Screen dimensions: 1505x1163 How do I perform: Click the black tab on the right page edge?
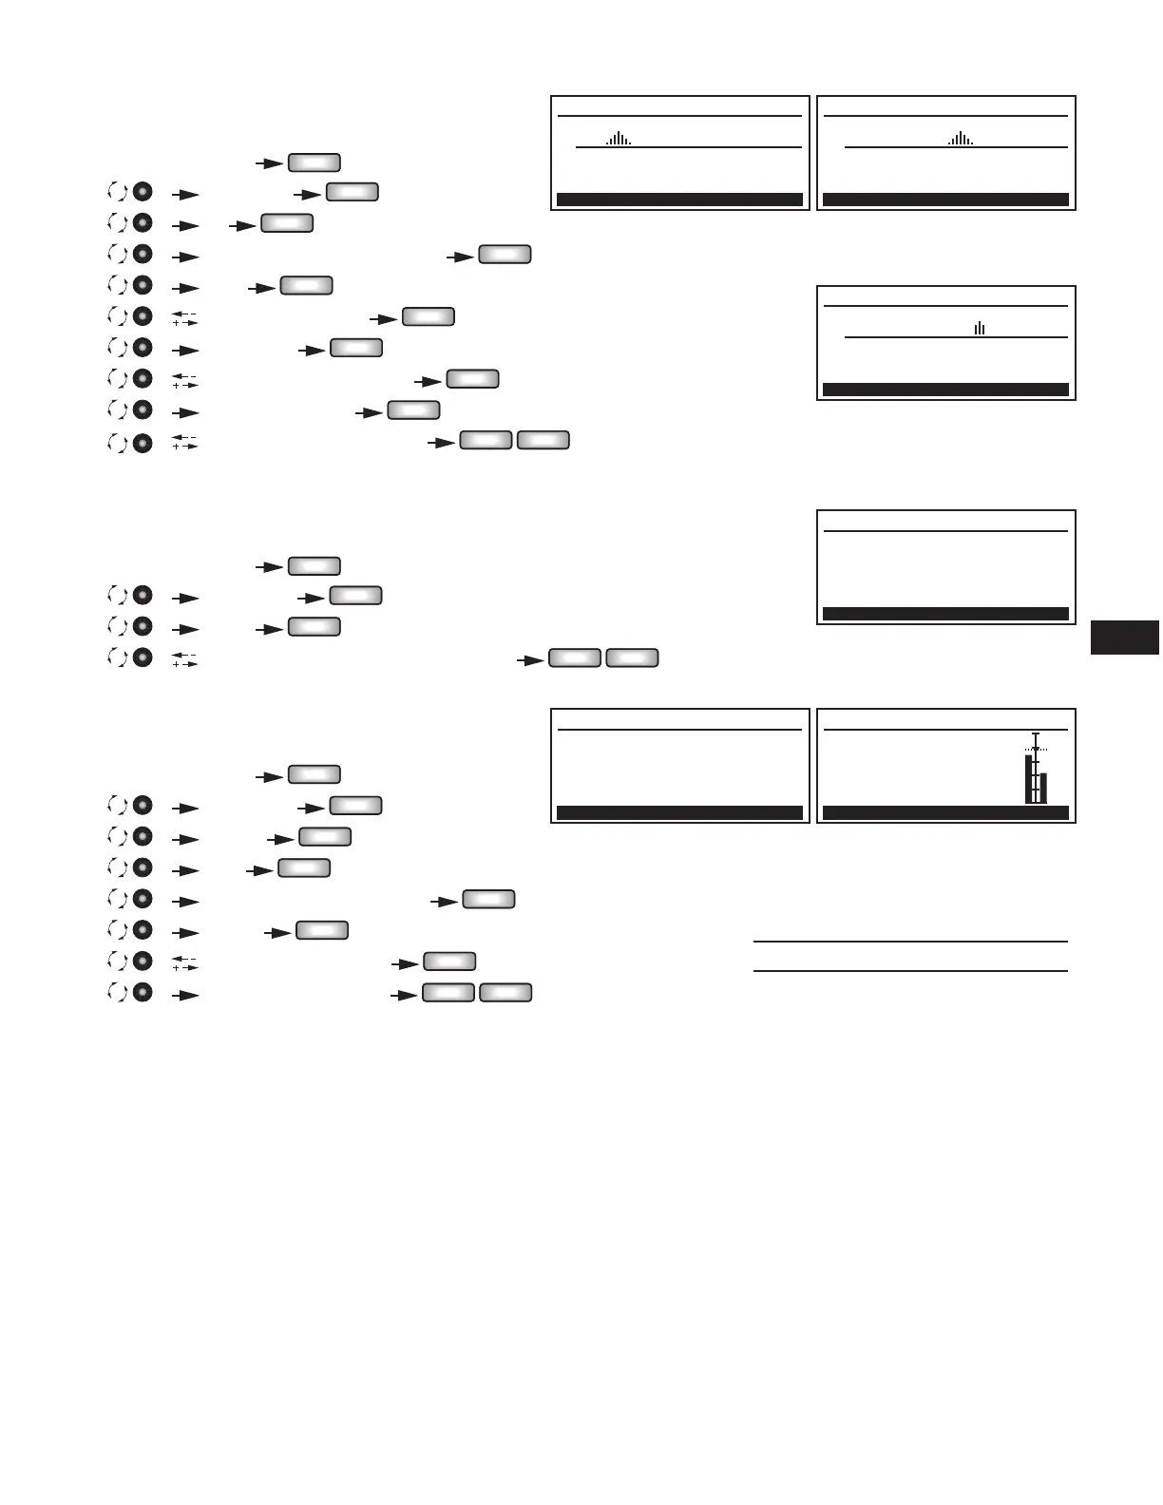[1125, 637]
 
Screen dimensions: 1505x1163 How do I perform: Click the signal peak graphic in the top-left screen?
[619, 139]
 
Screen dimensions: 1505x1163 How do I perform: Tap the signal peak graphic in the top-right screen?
[961, 139]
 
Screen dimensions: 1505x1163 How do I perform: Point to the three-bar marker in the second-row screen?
[980, 329]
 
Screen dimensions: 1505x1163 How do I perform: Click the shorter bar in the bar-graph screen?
[1043, 788]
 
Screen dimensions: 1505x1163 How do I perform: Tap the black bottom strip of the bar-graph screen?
[945, 813]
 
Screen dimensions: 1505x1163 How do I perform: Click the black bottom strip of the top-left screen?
[679, 200]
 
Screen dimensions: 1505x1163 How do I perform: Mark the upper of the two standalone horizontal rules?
[910, 942]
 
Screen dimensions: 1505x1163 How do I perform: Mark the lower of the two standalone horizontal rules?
[910, 971]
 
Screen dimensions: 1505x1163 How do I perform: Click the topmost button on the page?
[315, 162]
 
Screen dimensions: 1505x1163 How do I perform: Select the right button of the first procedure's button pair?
[543, 440]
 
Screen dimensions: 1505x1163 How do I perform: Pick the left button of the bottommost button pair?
[448, 993]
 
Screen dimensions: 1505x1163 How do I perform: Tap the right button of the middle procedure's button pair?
[633, 657]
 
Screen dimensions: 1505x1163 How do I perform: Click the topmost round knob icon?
[142, 192]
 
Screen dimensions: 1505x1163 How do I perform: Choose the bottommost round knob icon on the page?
[142, 993]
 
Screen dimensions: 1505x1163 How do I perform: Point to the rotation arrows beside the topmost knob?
[117, 192]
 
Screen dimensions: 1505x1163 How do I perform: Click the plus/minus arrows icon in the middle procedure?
[184, 658]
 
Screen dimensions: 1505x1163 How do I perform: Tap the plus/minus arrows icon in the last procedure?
[184, 962]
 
